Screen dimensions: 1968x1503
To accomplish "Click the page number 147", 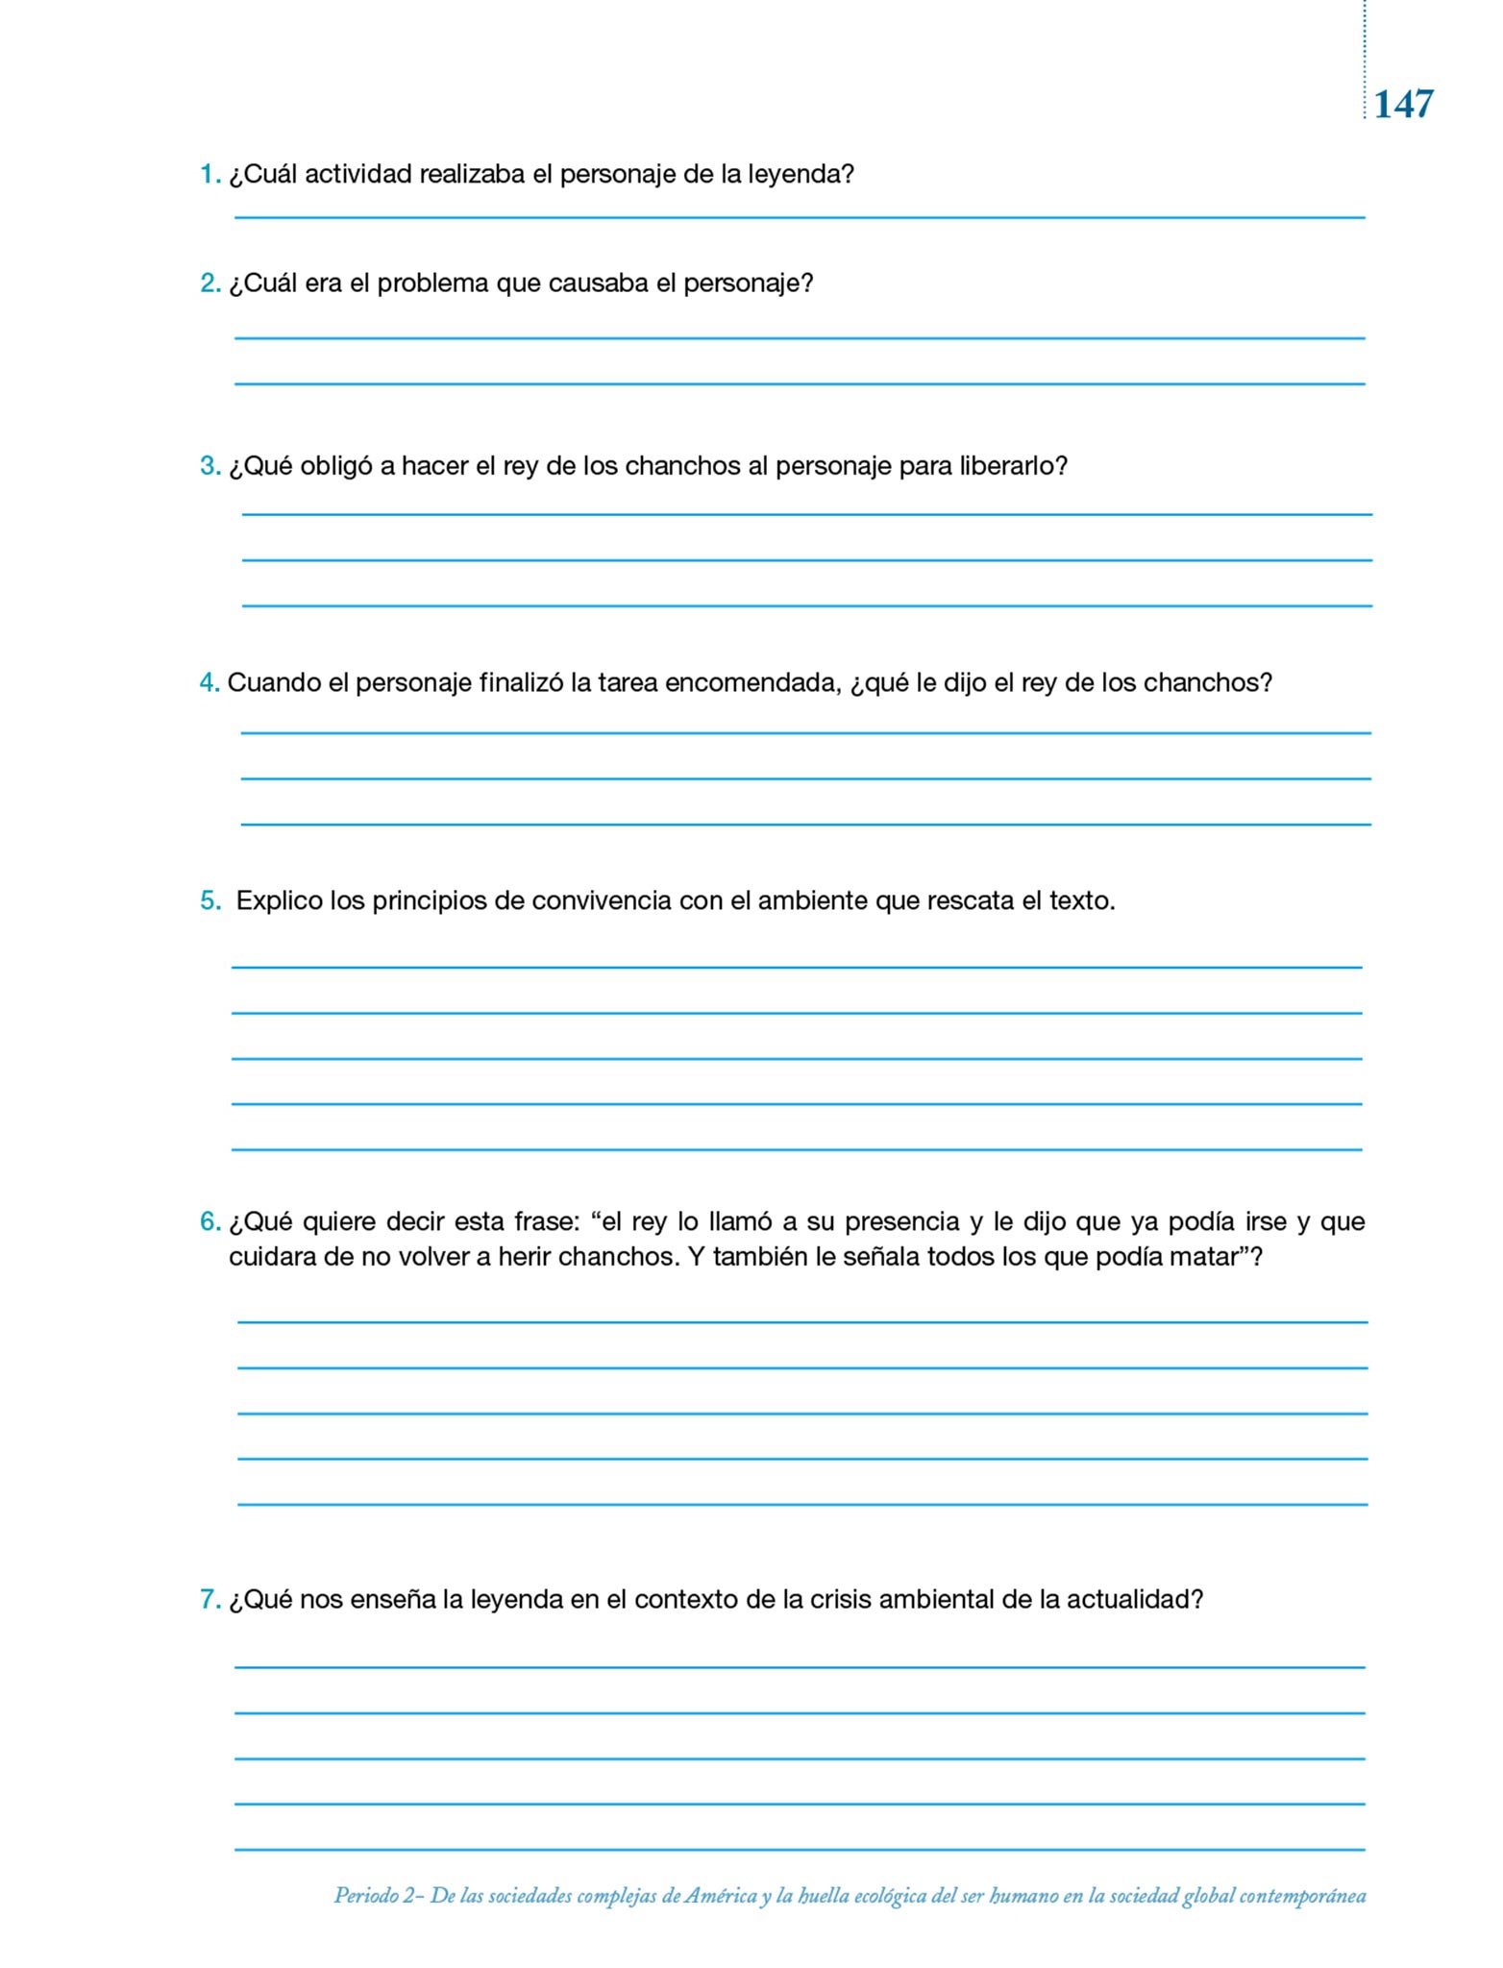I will click(1403, 104).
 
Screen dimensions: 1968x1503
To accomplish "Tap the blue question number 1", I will click(209, 175).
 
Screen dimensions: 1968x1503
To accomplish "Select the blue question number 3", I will click(209, 467).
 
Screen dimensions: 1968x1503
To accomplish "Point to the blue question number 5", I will click(209, 901).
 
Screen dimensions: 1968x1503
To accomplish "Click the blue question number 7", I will click(209, 1600).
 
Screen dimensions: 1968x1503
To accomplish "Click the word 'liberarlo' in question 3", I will click(1009, 467).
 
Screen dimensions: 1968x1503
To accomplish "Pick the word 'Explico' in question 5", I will click(279, 901).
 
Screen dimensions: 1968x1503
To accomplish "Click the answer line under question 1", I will click(800, 217).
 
